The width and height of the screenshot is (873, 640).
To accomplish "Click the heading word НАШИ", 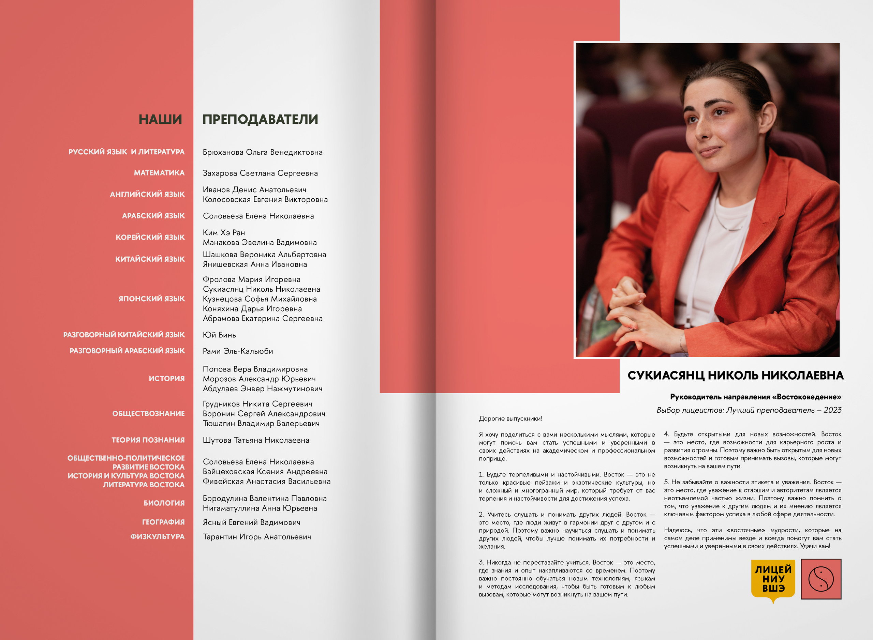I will click(x=160, y=119).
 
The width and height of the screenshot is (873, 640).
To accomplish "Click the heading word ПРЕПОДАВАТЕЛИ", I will click(x=260, y=119).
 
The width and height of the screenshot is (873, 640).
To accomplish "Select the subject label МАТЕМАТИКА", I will click(x=159, y=173).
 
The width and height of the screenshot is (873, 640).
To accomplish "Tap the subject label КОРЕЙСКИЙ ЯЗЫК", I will click(x=150, y=237).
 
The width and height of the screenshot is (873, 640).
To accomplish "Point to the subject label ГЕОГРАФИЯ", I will click(x=163, y=522).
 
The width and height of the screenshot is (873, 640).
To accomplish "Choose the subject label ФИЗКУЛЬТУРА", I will click(x=158, y=536).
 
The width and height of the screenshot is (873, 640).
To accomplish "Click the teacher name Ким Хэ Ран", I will click(x=224, y=232).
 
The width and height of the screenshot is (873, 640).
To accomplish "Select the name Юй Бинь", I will click(x=219, y=335).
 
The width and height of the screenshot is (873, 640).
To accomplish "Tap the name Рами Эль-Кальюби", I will click(x=238, y=351).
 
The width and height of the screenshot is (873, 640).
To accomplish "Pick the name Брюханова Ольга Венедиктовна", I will click(x=263, y=152).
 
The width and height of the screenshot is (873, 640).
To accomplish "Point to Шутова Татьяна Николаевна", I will click(x=256, y=440).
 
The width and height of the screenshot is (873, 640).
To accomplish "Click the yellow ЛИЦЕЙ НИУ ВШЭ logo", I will click(x=773, y=579).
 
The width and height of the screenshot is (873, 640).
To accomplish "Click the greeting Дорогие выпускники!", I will click(x=510, y=418).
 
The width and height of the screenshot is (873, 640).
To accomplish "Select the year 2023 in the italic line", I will click(x=832, y=410).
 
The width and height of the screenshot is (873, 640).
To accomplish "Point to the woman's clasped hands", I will click(x=636, y=310).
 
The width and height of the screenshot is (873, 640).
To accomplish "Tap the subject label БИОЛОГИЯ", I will click(x=164, y=503).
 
